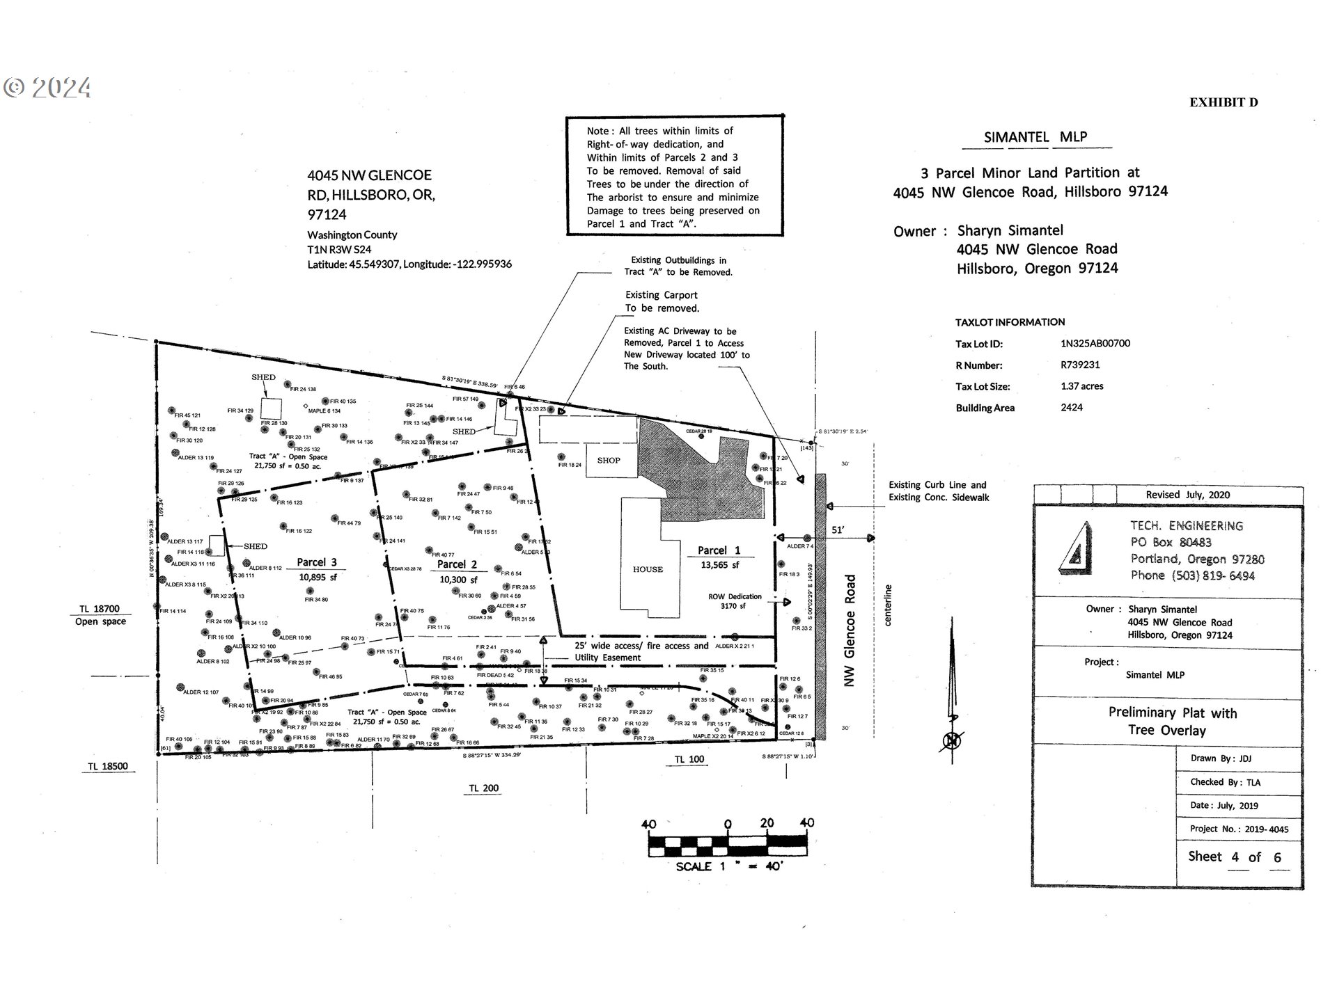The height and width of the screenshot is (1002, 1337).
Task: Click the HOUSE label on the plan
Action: (648, 569)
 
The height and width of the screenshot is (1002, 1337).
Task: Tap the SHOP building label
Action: (609, 460)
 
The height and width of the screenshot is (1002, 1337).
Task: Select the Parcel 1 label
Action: (719, 550)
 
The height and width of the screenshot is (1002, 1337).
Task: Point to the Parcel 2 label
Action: (457, 564)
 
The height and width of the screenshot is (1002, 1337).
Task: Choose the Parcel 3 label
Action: (317, 562)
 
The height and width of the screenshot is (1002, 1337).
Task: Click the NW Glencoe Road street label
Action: (849, 630)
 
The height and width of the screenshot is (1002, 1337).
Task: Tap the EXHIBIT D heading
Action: (1223, 102)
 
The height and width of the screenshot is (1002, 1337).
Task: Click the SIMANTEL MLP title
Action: (1035, 137)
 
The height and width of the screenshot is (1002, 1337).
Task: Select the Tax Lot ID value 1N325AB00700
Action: (1095, 343)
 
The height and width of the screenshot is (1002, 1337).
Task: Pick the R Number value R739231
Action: (1081, 365)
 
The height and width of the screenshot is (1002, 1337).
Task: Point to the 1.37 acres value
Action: (1082, 386)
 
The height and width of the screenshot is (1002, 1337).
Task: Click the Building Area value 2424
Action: (1072, 408)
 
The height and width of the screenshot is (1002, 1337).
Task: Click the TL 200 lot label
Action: (483, 788)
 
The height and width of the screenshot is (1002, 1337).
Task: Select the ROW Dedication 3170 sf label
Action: (735, 601)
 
